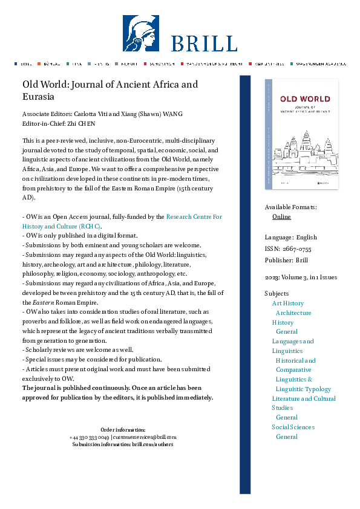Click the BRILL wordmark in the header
203,44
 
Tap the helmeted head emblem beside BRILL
141,34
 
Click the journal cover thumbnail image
301,134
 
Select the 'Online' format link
281,216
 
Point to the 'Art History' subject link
288,303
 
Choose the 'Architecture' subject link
293,313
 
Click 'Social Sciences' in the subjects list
293,427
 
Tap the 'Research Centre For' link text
194,216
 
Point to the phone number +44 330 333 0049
89,437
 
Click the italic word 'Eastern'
44,302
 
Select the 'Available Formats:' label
290,207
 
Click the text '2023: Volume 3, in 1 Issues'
301,277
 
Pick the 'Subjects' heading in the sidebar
277,294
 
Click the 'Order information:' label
123,430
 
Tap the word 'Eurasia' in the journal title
39,97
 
